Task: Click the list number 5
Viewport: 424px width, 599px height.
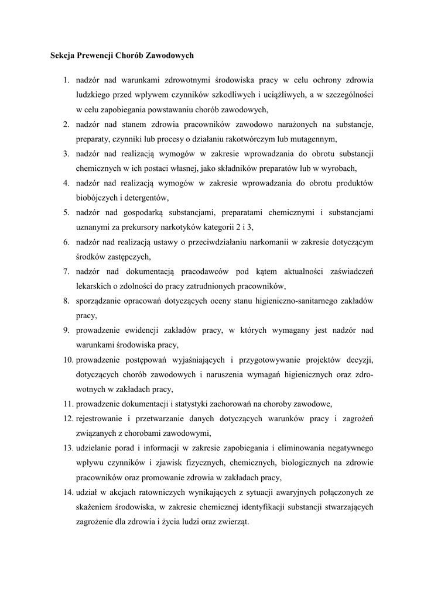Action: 67,212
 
